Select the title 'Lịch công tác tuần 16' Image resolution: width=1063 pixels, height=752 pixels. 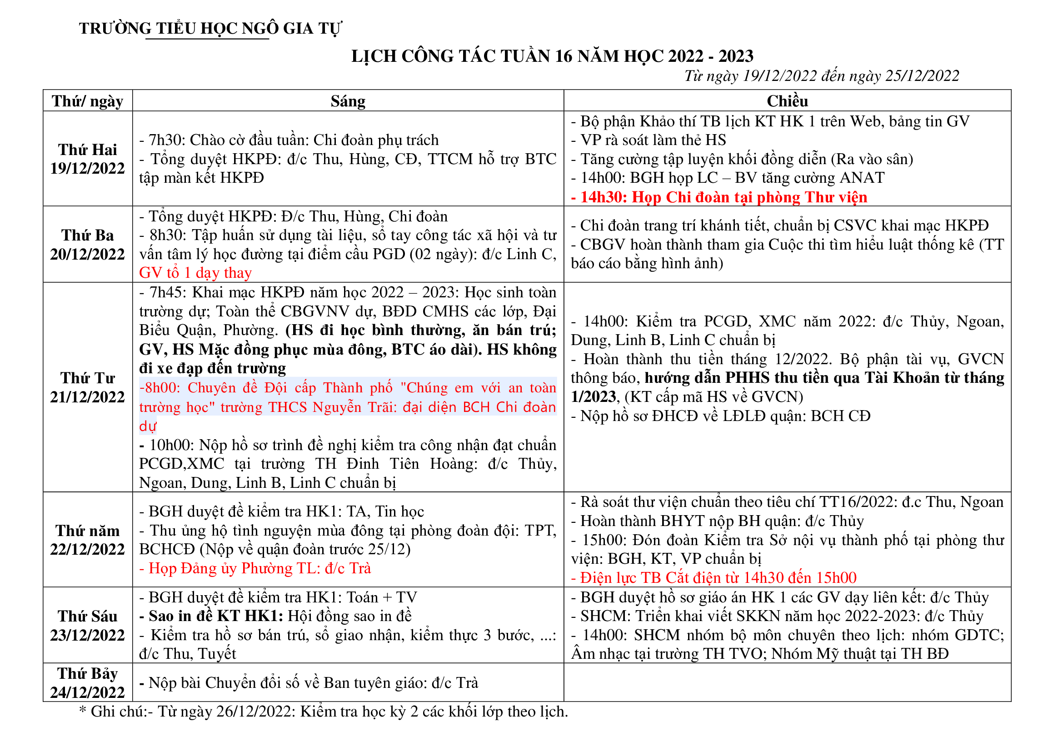click(552, 56)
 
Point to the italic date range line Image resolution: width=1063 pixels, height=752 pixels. click(821, 76)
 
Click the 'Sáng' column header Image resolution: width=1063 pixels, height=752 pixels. click(348, 101)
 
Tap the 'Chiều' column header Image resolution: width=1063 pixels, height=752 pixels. click(787, 101)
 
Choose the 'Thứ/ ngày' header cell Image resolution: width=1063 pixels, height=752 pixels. click(88, 101)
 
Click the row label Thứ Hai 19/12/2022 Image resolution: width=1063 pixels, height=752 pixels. click(88, 159)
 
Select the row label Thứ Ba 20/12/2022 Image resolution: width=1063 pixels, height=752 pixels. click(88, 245)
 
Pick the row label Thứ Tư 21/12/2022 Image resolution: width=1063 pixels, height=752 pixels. click(88, 387)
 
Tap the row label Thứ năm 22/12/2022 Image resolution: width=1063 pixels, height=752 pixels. click(88, 540)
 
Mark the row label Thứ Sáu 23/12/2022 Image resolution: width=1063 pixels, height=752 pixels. click(88, 626)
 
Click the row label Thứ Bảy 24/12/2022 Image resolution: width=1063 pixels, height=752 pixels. click(88, 683)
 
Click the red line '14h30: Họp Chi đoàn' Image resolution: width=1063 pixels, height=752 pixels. click(719, 198)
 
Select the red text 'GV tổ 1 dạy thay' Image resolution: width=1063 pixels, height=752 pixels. click(195, 273)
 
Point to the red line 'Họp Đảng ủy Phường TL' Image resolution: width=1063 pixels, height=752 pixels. click(255, 569)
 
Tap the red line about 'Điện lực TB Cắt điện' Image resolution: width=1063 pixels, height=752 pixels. click(714, 578)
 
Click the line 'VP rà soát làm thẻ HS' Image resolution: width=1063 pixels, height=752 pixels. click(649, 140)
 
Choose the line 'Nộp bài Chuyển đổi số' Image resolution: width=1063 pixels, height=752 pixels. click(309, 683)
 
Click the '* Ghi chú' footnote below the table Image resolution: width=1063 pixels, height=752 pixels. click(323, 712)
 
